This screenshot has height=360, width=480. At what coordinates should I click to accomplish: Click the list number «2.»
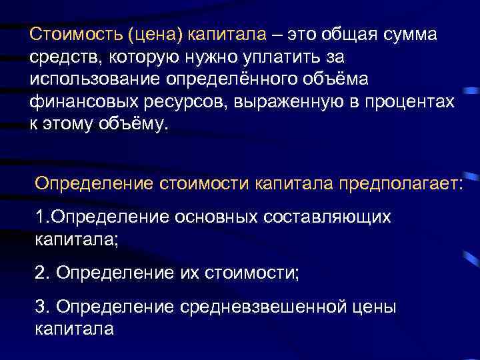(43, 271)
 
